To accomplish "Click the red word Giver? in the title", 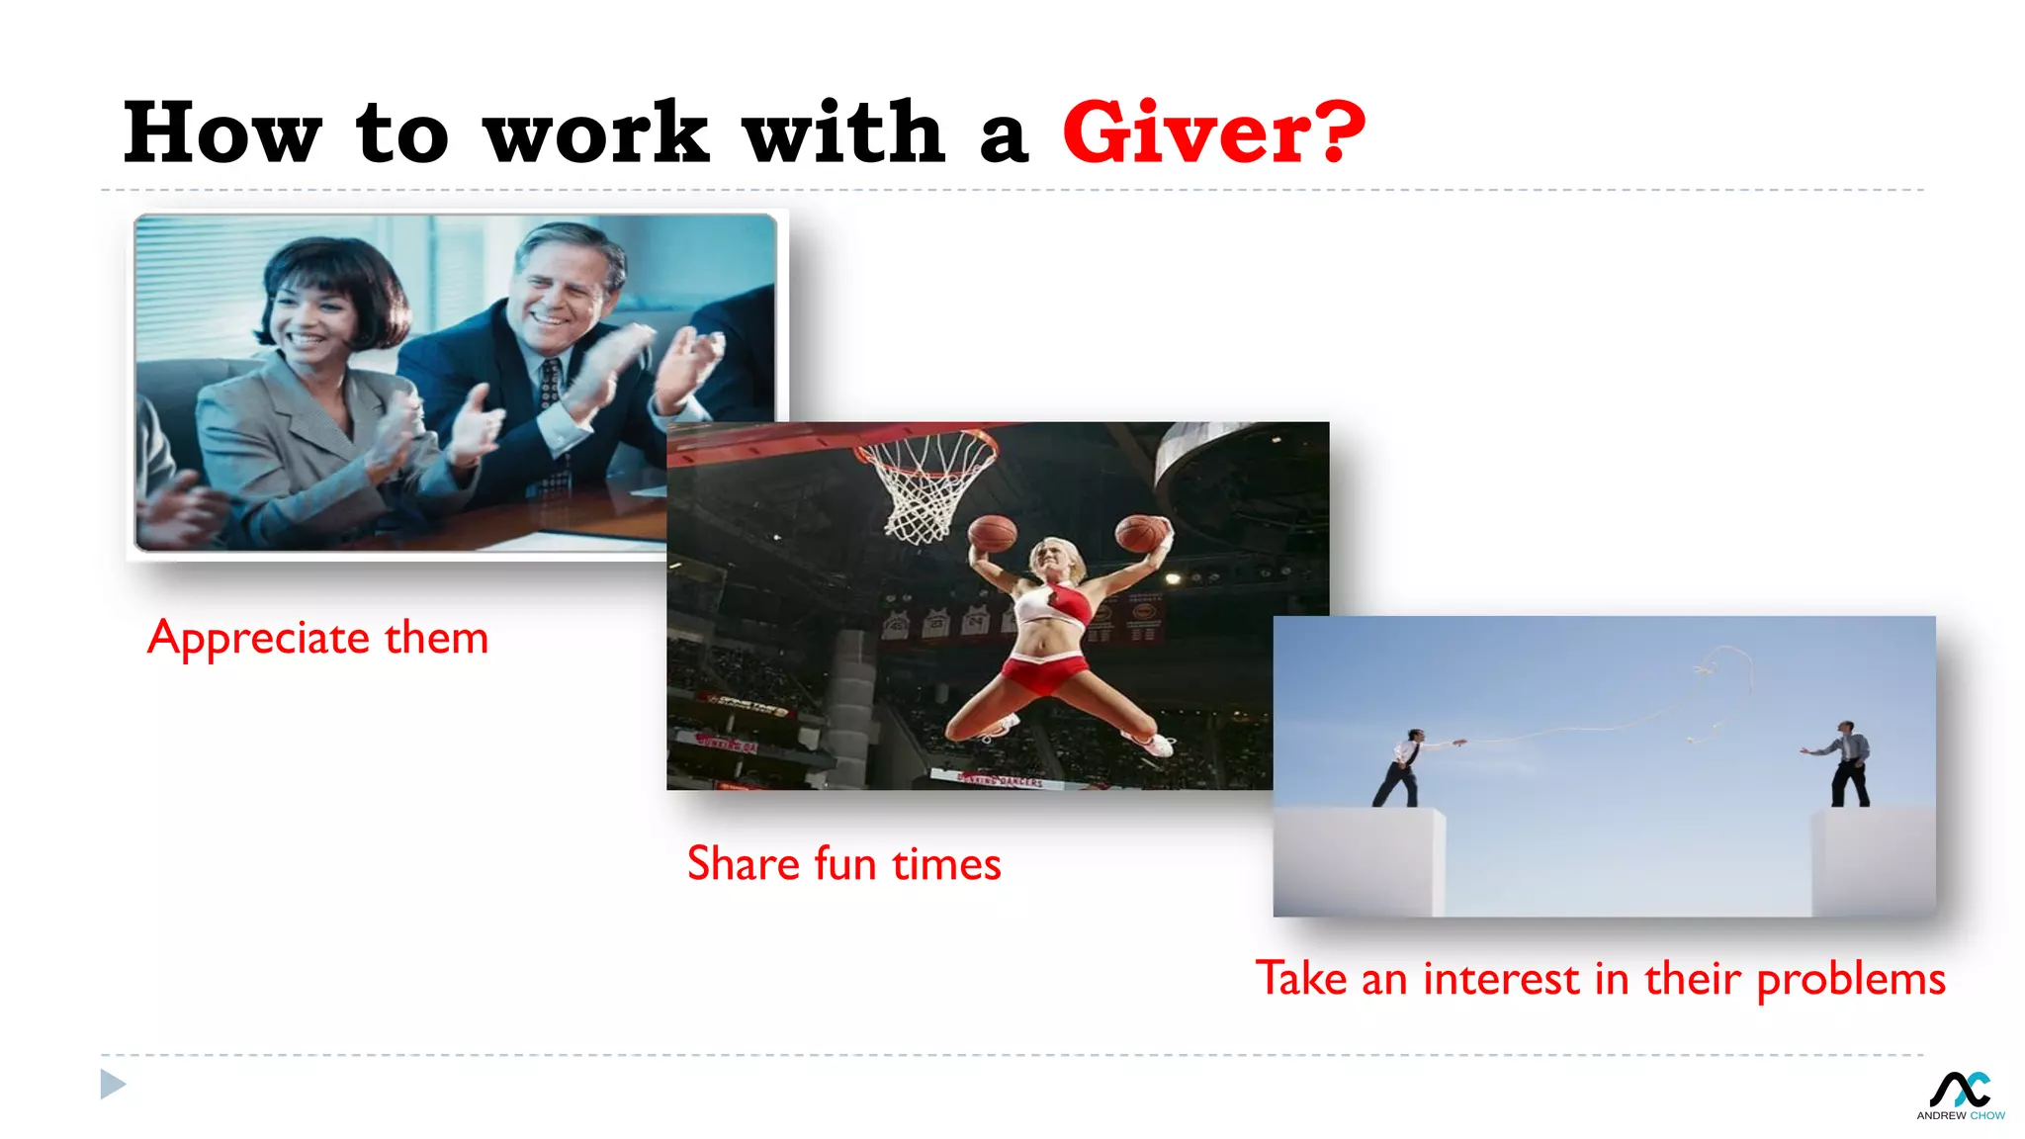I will coord(1213,132).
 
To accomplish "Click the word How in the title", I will coord(221,132).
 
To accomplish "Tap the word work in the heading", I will coord(596,132).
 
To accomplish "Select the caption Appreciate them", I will coord(317,638).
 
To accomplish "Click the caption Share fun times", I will coord(843,864).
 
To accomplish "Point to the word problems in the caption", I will coord(1850,979).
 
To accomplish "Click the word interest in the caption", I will coord(1500,979).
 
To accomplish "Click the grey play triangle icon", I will coord(113,1085).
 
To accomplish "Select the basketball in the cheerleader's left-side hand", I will coord(992,534).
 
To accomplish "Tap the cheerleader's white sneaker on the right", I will coord(1150,744).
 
